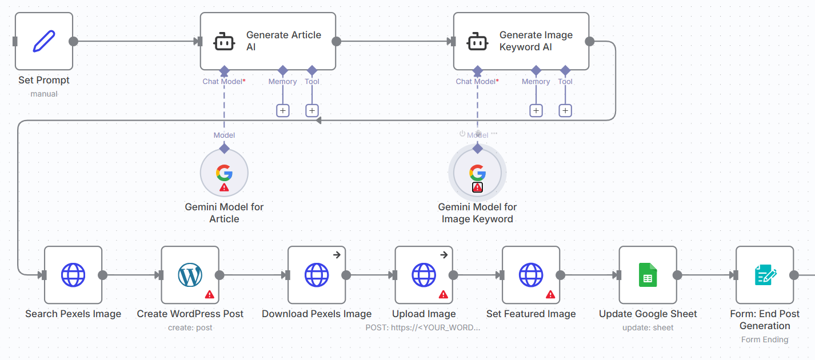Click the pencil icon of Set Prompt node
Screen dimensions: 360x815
pos(44,41)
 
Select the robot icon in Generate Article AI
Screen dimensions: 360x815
pos(224,42)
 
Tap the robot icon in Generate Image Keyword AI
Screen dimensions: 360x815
pos(477,42)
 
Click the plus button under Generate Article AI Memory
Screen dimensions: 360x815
pos(283,110)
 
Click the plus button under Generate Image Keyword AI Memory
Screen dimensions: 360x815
pos(536,110)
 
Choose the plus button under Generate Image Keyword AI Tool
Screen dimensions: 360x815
pos(565,110)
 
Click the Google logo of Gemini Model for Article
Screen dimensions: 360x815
pos(224,172)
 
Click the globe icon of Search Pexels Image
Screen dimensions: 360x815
pos(73,275)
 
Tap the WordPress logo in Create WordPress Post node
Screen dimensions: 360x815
pos(190,275)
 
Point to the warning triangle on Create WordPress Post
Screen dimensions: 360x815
pos(210,294)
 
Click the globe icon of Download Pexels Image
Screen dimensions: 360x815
pos(317,275)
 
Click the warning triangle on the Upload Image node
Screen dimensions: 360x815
pos(443,294)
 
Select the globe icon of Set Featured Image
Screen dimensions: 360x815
pos(531,275)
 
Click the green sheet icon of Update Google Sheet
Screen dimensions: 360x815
pos(648,275)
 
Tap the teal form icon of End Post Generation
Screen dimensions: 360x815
pos(765,275)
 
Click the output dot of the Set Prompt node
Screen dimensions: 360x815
pos(73,41)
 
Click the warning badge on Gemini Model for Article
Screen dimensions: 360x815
pos(224,187)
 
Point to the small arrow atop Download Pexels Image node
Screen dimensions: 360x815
pos(337,255)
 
